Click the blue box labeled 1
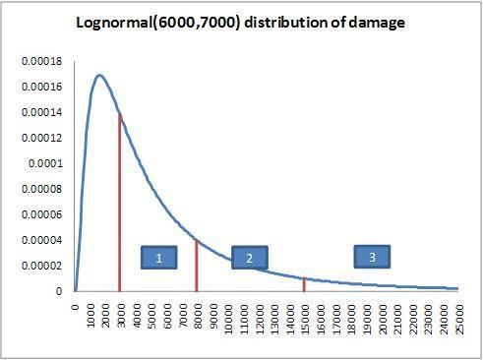158,258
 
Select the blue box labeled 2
249,258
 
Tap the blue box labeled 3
372,257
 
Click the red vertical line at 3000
120,207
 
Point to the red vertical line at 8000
197,265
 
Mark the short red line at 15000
304,284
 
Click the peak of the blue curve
99,75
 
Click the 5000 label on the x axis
151,319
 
